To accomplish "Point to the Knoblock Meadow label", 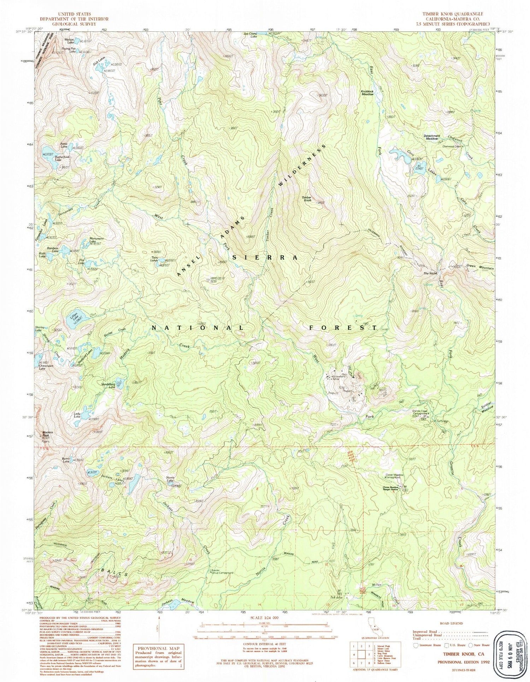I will [x=367, y=93].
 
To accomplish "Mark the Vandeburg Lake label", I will [x=109, y=385].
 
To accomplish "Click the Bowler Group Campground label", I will [x=222, y=572].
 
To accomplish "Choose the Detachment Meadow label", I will [x=432, y=137].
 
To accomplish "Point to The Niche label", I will [x=431, y=274].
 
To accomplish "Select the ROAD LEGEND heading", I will [x=450, y=623].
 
